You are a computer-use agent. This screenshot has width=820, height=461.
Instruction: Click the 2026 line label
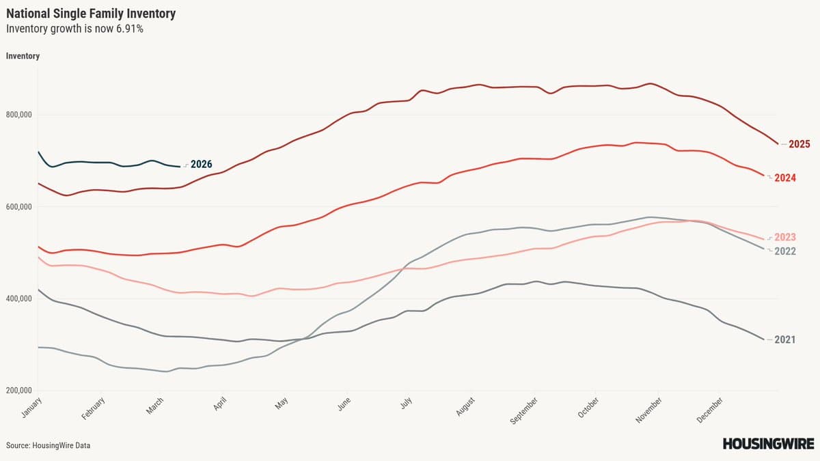pos(201,164)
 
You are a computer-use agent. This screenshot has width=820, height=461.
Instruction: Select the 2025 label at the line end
pos(799,144)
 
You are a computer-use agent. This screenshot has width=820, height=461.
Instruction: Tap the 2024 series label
pos(799,178)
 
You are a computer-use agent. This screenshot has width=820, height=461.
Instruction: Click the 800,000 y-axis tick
pos(19,115)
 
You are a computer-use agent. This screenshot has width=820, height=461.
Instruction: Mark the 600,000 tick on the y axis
pos(19,208)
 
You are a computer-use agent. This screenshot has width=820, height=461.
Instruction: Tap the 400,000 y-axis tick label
pos(19,299)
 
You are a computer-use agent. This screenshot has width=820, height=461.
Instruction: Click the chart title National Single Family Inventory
pos(91,13)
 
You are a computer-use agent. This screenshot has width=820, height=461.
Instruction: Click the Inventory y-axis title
pos(23,56)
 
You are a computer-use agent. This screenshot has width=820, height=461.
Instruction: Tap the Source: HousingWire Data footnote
pos(48,445)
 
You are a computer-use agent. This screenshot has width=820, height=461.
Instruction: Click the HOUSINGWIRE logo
pos(767,444)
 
